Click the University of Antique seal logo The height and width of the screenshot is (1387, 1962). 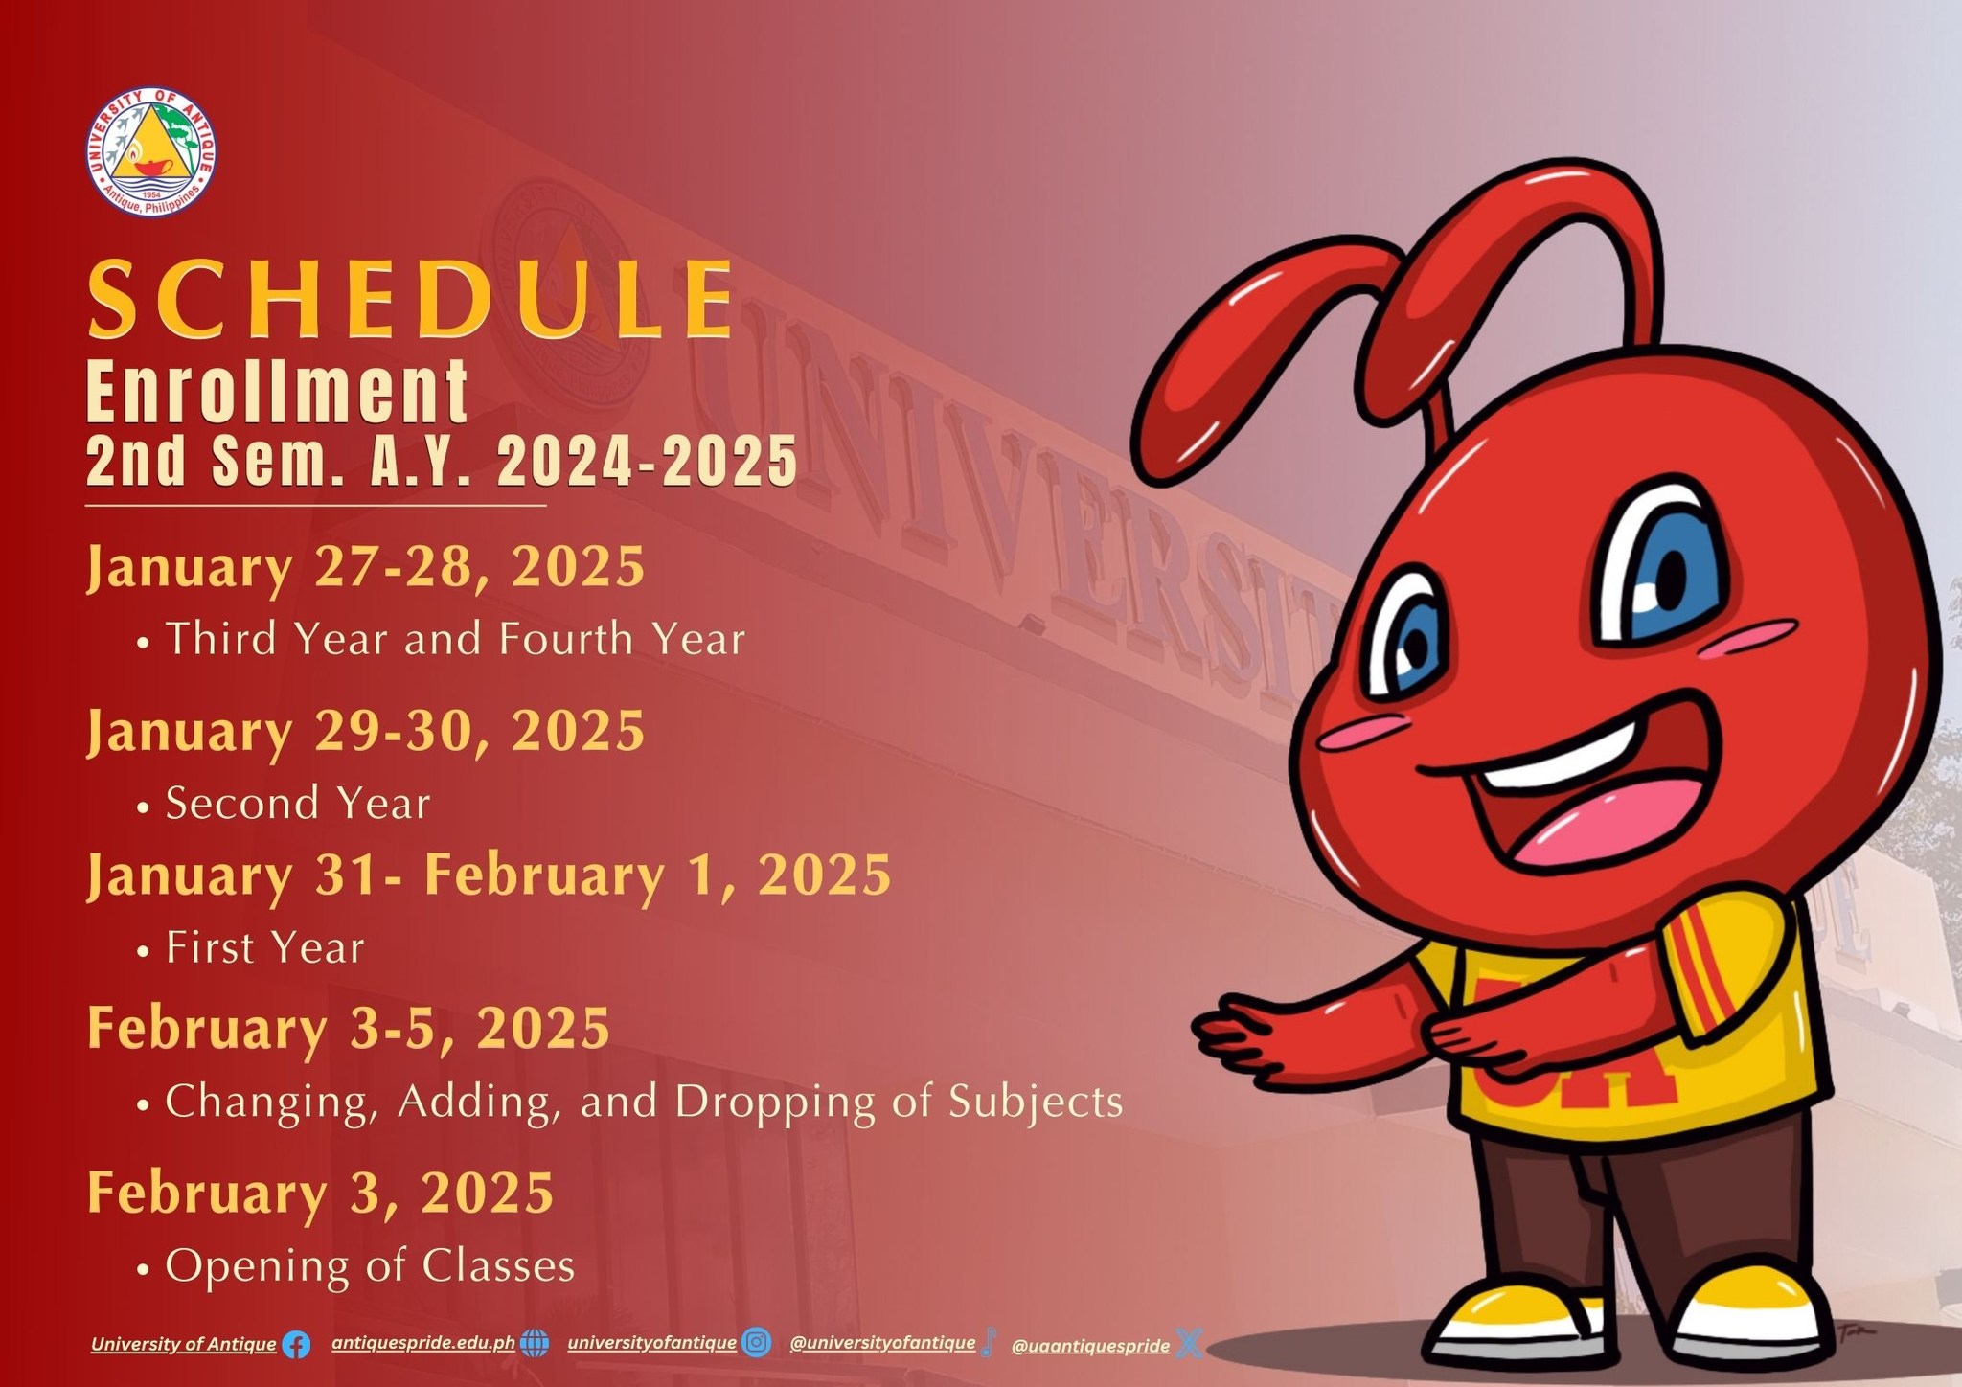coord(150,150)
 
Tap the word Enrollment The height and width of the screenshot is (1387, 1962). coord(277,392)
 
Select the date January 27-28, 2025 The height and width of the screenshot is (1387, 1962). coord(366,568)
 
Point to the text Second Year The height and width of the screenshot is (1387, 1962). coord(298,803)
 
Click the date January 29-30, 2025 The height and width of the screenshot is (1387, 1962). coord(366,733)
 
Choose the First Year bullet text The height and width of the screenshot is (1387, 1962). coord(265,947)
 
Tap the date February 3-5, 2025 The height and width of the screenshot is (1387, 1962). coord(349,1030)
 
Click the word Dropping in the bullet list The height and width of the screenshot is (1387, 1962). coord(775,1103)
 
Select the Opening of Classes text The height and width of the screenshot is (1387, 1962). coord(370,1266)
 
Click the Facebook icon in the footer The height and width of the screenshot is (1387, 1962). coord(296,1345)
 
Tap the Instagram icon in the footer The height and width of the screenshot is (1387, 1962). coord(757,1343)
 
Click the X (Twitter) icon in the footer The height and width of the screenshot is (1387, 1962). coord(1189,1344)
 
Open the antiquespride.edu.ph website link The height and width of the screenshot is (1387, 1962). coord(423,1343)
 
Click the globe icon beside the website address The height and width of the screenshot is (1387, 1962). coord(535,1344)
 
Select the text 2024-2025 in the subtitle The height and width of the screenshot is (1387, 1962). coord(647,461)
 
